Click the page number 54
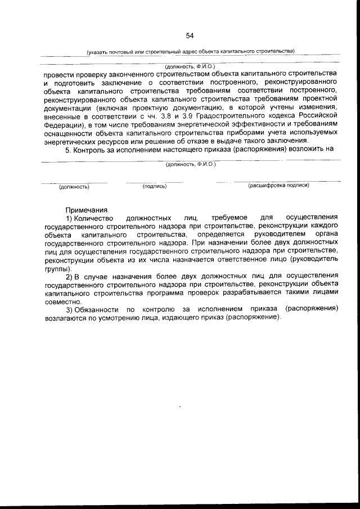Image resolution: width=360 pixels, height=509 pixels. (190, 36)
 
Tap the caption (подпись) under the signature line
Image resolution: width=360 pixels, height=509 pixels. (155, 186)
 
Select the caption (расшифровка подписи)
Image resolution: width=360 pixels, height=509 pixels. (278, 185)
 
